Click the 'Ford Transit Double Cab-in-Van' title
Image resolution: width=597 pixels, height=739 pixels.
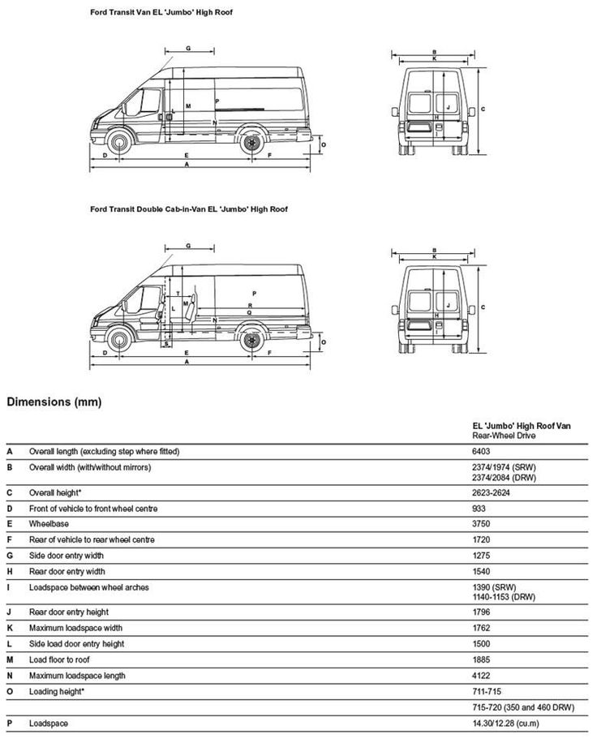click(x=188, y=209)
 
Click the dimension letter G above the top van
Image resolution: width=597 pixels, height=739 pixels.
click(x=188, y=49)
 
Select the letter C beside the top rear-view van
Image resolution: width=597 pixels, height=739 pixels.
click(x=483, y=108)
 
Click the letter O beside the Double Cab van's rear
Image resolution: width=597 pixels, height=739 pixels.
click(x=324, y=342)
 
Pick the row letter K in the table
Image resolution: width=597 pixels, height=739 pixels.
click(x=9, y=628)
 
